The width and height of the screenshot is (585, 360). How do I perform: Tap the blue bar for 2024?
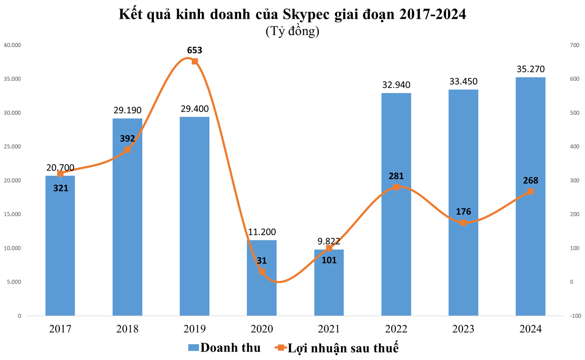[530, 197]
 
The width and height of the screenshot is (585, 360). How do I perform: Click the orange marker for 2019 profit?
[194, 61]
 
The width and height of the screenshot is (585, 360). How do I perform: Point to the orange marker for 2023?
[463, 222]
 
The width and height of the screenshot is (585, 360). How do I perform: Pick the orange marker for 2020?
[262, 271]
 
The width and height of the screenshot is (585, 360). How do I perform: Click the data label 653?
[194, 50]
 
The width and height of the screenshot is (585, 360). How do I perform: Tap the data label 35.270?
[530, 69]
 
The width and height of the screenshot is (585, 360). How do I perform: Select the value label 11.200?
[262, 232]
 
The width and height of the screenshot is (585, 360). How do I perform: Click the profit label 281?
[396, 176]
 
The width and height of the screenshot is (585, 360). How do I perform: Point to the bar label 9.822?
[329, 241]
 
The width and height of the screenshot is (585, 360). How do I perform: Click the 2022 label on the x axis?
[396, 329]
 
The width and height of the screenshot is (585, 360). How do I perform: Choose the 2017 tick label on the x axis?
[60, 329]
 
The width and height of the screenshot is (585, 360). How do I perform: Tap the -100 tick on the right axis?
[573, 316]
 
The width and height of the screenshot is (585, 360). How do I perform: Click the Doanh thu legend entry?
[224, 347]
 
